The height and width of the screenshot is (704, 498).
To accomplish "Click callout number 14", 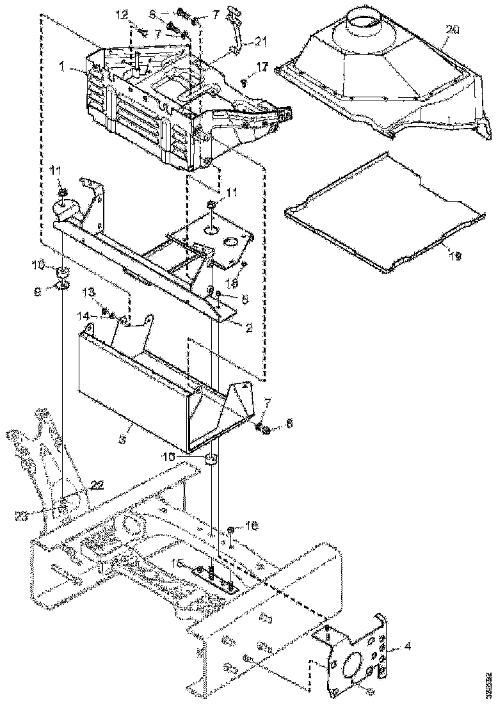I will [x=83, y=315].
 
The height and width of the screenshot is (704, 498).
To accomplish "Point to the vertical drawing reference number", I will [x=490, y=682].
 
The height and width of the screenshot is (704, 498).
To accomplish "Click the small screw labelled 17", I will [x=245, y=81].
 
